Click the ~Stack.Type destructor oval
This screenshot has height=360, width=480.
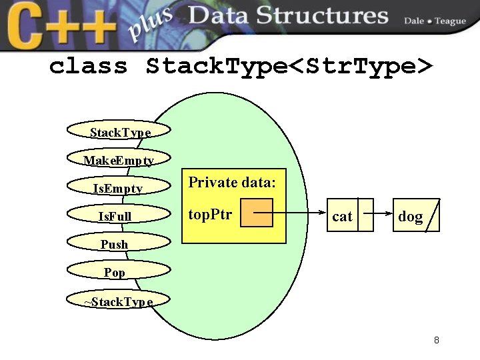(119, 301)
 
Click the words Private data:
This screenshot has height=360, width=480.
(232, 182)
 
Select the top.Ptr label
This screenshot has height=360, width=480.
(210, 214)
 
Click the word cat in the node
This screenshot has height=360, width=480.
(342, 216)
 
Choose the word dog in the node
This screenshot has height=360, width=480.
(410, 216)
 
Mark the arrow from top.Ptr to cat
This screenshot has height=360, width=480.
(300, 214)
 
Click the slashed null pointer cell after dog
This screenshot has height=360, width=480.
(433, 215)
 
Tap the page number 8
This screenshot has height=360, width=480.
(436, 340)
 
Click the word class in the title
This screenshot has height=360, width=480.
(89, 66)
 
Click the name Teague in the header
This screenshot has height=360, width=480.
(450, 21)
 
